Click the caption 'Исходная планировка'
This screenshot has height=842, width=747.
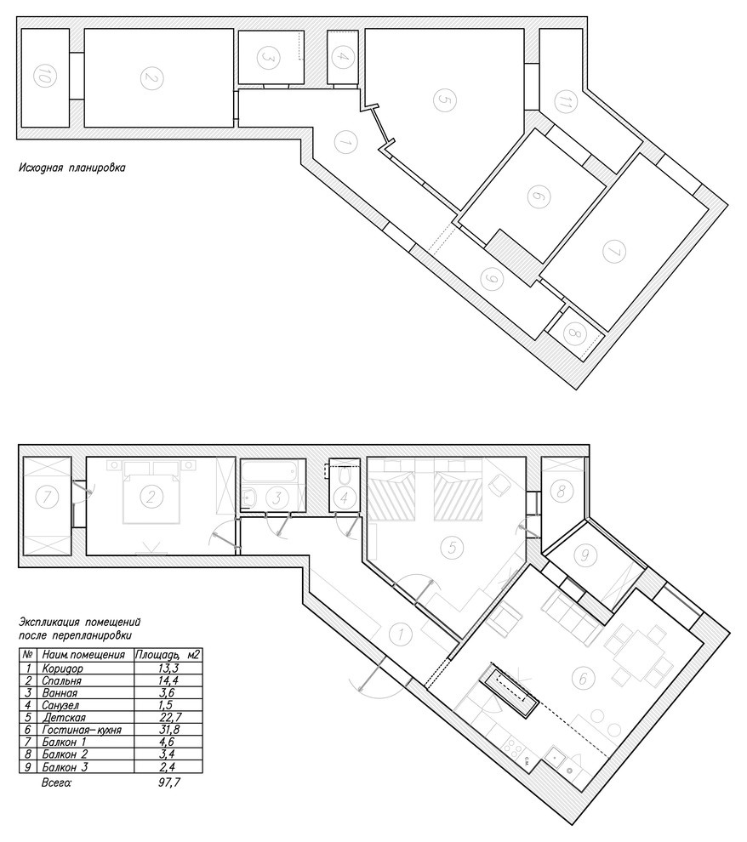pyautogui.click(x=72, y=168)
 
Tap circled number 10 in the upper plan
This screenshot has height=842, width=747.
pyautogui.click(x=44, y=78)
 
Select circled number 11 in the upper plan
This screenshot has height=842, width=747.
pyautogui.click(x=562, y=102)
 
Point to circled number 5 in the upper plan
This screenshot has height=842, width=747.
pyautogui.click(x=443, y=100)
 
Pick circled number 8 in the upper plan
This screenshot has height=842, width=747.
pyautogui.click(x=573, y=334)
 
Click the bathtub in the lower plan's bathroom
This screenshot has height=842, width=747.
pyautogui.click(x=272, y=471)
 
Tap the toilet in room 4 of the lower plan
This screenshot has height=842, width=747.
pyautogui.click(x=345, y=475)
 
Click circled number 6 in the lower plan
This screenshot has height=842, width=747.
pyautogui.click(x=582, y=679)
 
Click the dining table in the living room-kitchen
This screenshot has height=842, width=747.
pyautogui.click(x=638, y=655)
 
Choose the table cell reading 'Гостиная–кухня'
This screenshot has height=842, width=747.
pyautogui.click(x=82, y=730)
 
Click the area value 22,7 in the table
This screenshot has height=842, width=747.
pyautogui.click(x=168, y=718)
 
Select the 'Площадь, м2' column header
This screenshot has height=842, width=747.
pyautogui.click(x=168, y=655)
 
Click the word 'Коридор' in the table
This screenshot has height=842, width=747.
pyautogui.click(x=62, y=668)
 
